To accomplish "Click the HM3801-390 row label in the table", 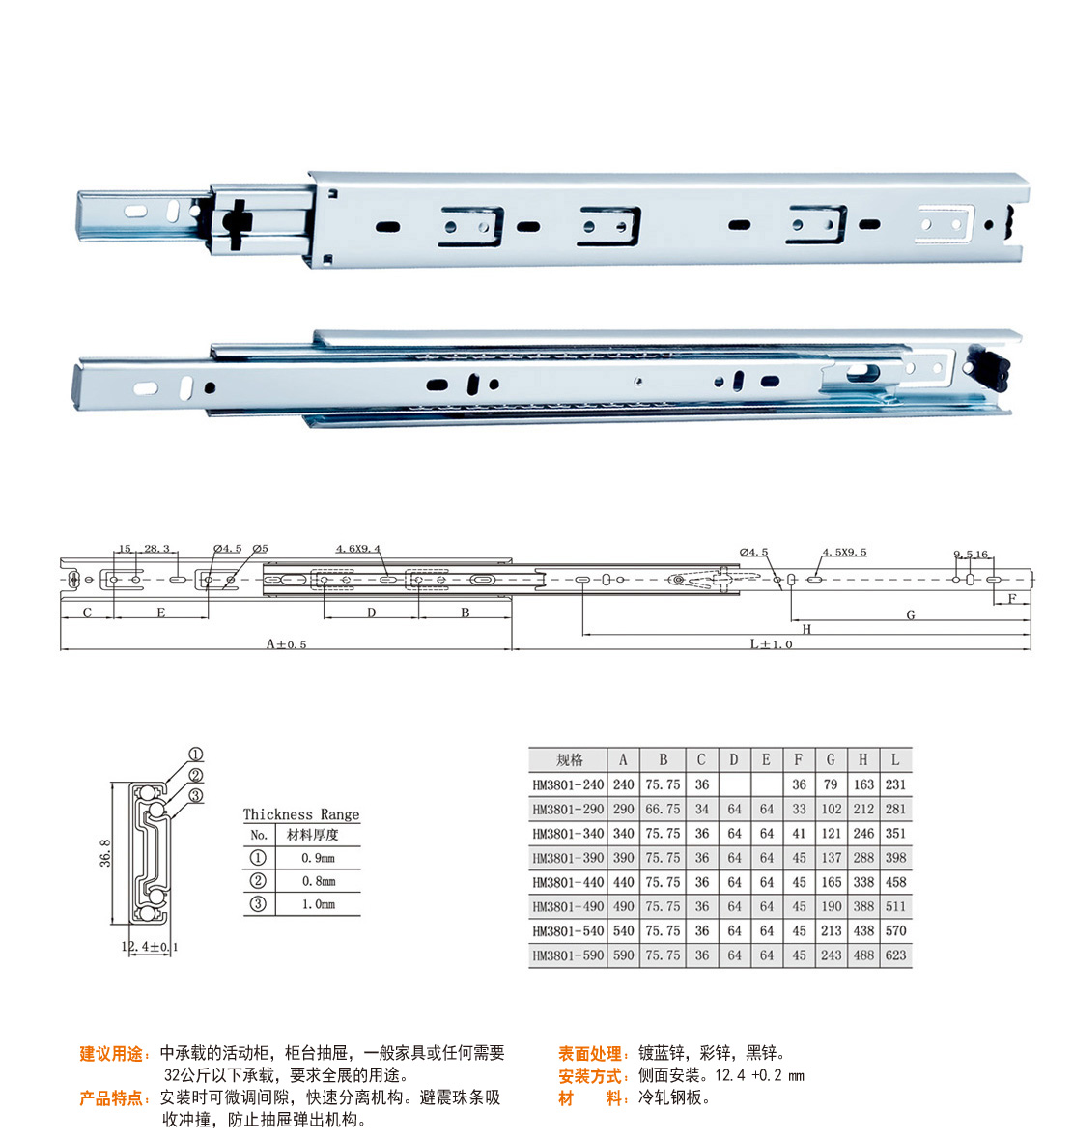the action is coord(568,858).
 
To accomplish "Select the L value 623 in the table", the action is coord(895,955).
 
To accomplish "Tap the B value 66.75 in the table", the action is coord(663,810).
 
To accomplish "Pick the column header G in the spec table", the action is coord(831,759).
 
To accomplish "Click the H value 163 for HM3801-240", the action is coord(863,784).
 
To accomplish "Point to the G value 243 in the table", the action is coord(831,955).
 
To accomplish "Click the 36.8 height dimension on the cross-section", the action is coord(105,853).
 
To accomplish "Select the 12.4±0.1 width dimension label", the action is coord(150,947).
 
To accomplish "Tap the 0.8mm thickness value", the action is coord(319,881).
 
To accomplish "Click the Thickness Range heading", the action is coord(301,814).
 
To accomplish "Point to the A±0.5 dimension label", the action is coord(286,644).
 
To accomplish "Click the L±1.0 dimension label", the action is coord(771,644).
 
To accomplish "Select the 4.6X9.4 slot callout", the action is coord(357,549).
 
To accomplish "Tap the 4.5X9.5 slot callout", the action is coord(845,552).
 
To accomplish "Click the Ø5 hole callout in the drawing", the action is coord(260,548).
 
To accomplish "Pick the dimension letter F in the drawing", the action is coord(1012,598).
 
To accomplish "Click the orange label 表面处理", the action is coord(589,1053).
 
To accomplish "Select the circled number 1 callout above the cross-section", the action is coord(195,755).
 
